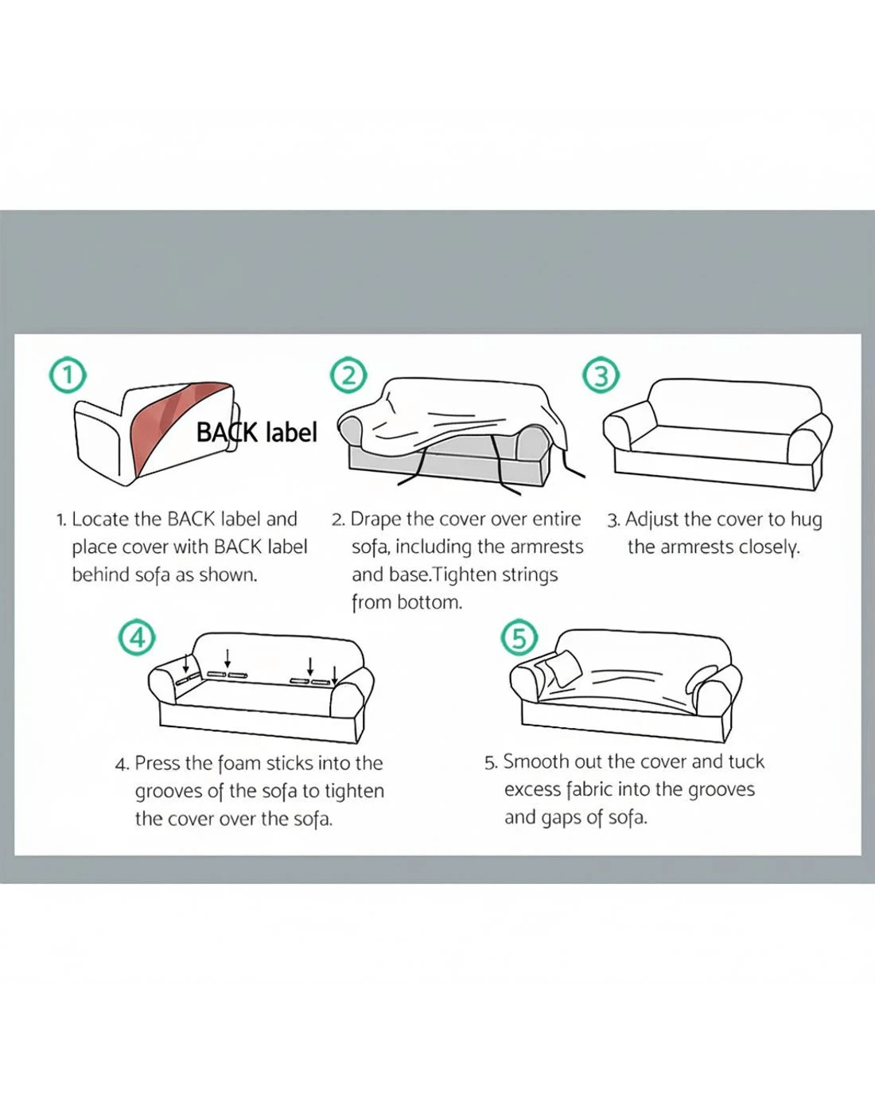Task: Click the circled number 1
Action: [x=68, y=376]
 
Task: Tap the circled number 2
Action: [x=348, y=376]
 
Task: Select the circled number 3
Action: [x=601, y=376]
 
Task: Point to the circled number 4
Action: [x=137, y=638]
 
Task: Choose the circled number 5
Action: [x=519, y=637]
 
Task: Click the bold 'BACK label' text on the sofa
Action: [x=257, y=433]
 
